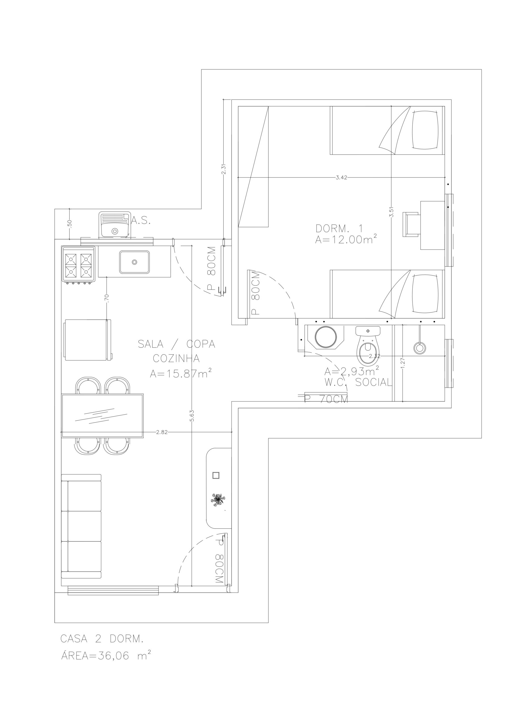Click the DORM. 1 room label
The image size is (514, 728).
coord(339,228)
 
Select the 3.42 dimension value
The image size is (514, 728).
coord(341,177)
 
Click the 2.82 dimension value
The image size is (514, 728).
coord(162,432)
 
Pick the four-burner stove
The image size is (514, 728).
coord(78,264)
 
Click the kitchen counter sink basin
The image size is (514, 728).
coord(134,262)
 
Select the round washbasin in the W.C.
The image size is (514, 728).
coord(326,337)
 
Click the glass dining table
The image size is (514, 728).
coord(102,415)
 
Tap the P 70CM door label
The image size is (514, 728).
coord(326,399)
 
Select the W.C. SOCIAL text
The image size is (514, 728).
coord(358,382)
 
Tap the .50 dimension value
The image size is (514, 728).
coord(70,224)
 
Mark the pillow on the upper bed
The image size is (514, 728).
coord(426,130)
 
